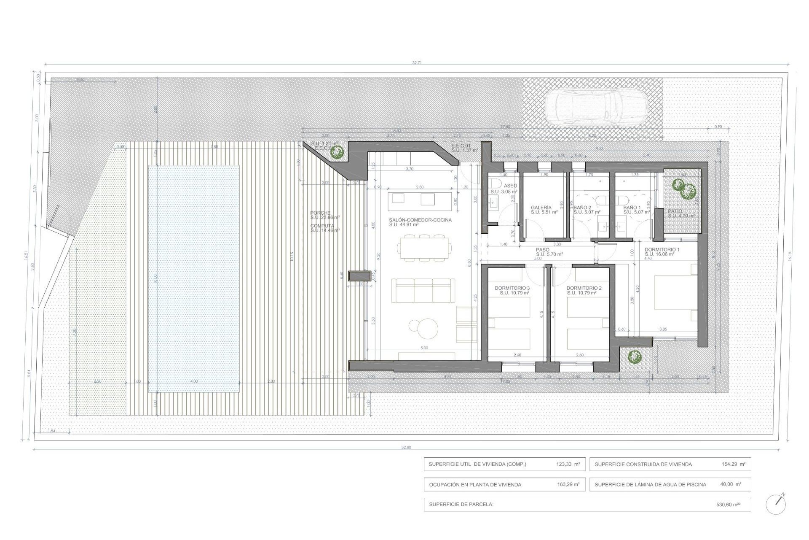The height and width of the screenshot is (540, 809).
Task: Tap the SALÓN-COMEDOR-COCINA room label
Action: point(420,220)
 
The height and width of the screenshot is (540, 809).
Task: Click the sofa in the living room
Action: point(423,290)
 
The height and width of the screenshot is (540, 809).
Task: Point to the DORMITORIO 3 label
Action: point(512,288)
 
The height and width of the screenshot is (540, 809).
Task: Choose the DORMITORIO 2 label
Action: point(584,288)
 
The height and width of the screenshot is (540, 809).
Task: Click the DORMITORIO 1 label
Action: point(662,250)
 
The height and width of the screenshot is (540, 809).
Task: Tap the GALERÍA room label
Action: point(541,208)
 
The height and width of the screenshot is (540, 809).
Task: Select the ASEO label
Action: point(510,186)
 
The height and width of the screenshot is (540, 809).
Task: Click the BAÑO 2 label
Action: point(582,208)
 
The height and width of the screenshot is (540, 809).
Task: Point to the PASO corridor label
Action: point(543,250)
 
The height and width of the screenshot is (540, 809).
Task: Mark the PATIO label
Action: point(675,211)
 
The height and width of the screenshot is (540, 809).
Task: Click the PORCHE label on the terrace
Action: point(320,213)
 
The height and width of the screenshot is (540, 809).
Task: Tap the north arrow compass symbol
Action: point(776,504)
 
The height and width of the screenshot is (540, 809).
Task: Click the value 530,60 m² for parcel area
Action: point(728,504)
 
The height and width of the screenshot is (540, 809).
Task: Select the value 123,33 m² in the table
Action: point(568,464)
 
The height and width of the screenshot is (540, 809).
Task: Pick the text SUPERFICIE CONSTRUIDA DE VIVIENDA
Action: point(643,464)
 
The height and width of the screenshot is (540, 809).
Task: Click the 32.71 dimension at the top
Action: point(417,62)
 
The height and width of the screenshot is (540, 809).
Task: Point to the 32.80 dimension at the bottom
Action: point(406,447)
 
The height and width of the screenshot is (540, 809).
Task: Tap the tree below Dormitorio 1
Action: point(634,357)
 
